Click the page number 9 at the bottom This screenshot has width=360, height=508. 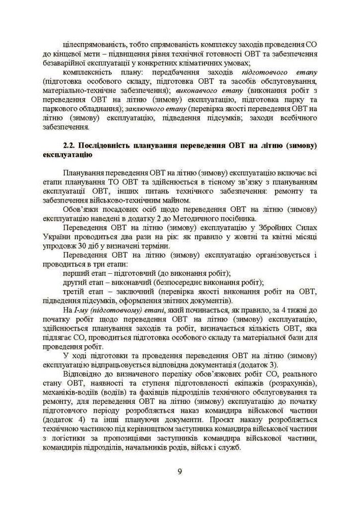[x=179, y=471]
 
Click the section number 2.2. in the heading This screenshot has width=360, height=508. [x=70, y=145]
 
